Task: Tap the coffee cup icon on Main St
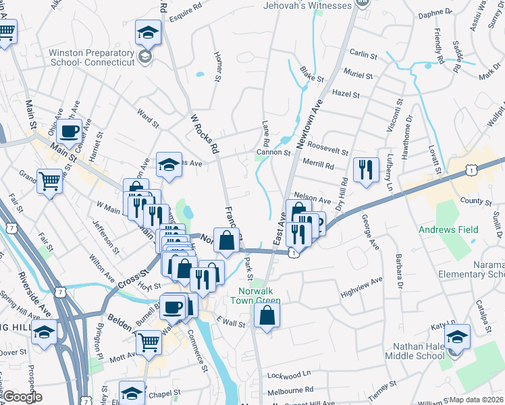[x=70, y=132]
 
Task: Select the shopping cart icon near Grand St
[x=50, y=181]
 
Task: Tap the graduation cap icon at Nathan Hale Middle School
[x=457, y=335]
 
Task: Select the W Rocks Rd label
[x=205, y=131]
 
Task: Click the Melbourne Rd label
[x=290, y=389]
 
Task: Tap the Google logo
[x=22, y=397]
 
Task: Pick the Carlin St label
[x=363, y=53]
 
